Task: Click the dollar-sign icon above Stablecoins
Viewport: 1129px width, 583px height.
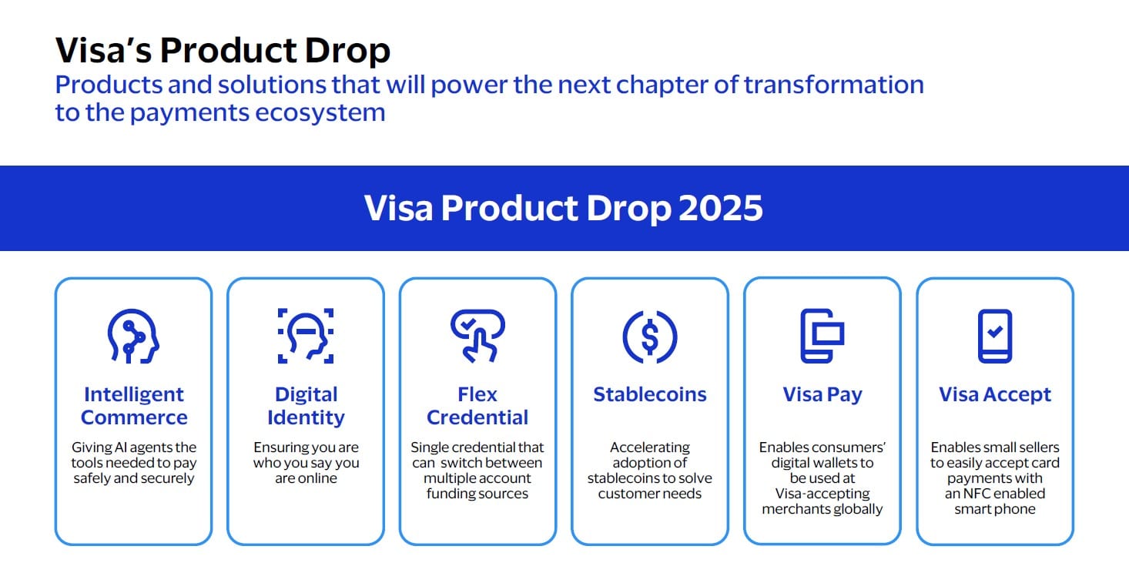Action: coord(650,337)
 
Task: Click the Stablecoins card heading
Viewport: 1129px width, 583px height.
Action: coord(650,394)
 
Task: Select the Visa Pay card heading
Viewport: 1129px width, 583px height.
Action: coord(822,395)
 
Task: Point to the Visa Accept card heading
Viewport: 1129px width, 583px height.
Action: coord(995,395)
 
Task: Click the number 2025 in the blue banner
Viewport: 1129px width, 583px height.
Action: coord(720,208)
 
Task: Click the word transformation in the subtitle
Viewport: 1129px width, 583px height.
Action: coord(833,85)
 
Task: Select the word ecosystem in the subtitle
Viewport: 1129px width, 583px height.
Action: coord(320,112)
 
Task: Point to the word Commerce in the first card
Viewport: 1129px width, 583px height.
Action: coord(134,417)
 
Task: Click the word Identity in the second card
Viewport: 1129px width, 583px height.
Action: coord(306,417)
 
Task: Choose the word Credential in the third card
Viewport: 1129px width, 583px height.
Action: coord(477,417)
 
